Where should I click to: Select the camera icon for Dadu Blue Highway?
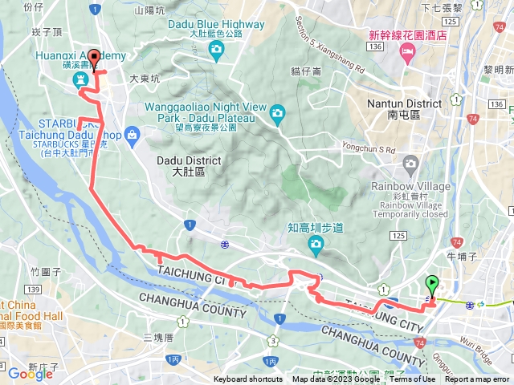point(215,51)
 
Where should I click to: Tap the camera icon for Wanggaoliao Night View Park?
point(278,111)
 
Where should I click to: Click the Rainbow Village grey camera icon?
point(412,164)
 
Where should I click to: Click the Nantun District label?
point(403,109)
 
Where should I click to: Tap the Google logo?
point(30,374)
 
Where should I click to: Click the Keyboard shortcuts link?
point(247,379)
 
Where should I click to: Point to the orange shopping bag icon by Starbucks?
point(130,136)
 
